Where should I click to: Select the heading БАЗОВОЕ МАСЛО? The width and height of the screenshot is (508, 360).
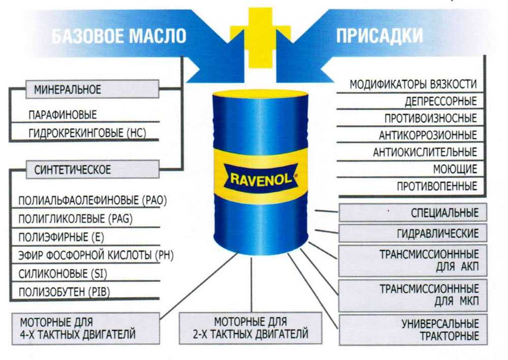tap(119, 36)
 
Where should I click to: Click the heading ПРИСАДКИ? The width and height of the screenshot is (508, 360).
tap(379, 36)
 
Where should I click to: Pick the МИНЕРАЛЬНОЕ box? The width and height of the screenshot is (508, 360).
tap(92, 89)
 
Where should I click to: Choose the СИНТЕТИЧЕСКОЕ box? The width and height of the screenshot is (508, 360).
tap(92, 169)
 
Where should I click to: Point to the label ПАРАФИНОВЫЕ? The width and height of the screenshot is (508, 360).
tap(62, 115)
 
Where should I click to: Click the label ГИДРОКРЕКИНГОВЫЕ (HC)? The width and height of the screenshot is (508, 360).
tap(87, 133)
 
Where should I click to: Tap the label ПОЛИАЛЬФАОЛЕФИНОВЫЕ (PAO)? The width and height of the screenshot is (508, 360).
tap(92, 200)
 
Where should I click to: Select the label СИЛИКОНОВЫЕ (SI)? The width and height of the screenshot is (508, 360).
tap(62, 274)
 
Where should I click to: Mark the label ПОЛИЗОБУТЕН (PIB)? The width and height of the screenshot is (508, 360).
tap(64, 292)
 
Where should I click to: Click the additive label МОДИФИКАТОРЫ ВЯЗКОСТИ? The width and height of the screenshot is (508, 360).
tap(413, 84)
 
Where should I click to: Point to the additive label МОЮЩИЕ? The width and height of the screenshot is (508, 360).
tap(455, 169)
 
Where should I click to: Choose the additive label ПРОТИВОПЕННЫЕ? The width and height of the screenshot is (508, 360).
tap(437, 186)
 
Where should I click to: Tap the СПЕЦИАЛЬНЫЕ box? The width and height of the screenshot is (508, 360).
tap(412, 213)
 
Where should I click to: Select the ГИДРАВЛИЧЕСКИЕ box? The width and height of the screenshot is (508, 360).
tap(412, 233)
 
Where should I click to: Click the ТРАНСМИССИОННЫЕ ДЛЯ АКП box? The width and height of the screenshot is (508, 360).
tap(412, 261)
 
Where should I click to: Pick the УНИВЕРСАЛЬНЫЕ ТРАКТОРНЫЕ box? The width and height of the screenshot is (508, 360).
tap(412, 329)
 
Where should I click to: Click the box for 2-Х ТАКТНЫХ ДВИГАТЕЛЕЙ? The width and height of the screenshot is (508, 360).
tap(250, 328)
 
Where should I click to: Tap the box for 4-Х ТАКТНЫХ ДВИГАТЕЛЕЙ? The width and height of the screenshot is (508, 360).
tap(86, 328)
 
